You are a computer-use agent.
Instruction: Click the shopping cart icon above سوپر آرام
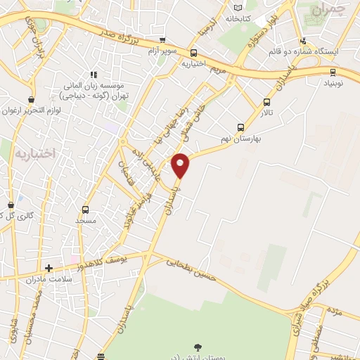163,41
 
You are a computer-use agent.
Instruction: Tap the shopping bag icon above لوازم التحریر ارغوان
30,100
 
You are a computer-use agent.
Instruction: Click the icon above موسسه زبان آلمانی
92,75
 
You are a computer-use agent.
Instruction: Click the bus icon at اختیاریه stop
194,53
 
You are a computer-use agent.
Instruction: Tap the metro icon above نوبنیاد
333,71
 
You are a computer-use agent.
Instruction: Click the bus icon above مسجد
85,210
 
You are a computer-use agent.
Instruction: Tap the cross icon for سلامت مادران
49,268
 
